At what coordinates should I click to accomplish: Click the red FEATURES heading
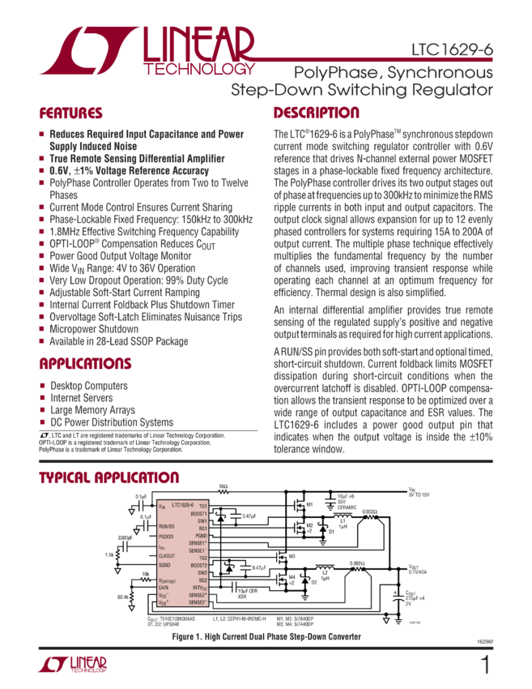click(71, 113)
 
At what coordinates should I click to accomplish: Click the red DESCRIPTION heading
click(316, 113)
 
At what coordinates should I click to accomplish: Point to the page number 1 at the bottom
click(484, 665)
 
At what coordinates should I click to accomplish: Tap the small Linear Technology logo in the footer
click(71, 665)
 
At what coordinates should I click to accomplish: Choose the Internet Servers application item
click(79, 398)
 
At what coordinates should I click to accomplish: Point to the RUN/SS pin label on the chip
click(168, 524)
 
